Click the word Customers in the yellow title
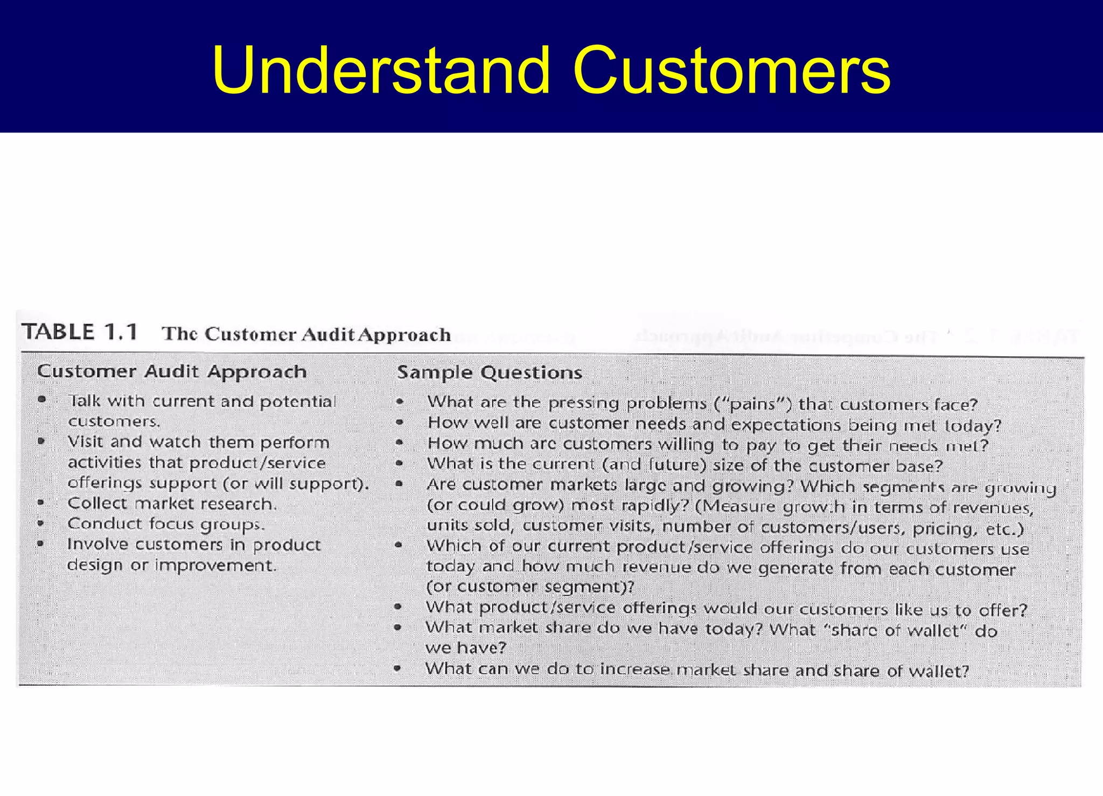click(x=731, y=71)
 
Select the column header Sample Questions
click(x=490, y=372)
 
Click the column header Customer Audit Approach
click(x=172, y=371)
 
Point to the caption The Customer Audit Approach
click(x=306, y=334)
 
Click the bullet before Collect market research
click(x=41, y=503)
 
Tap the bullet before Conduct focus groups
click(x=41, y=523)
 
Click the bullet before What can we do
click(x=397, y=668)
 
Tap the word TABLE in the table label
click(x=59, y=332)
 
